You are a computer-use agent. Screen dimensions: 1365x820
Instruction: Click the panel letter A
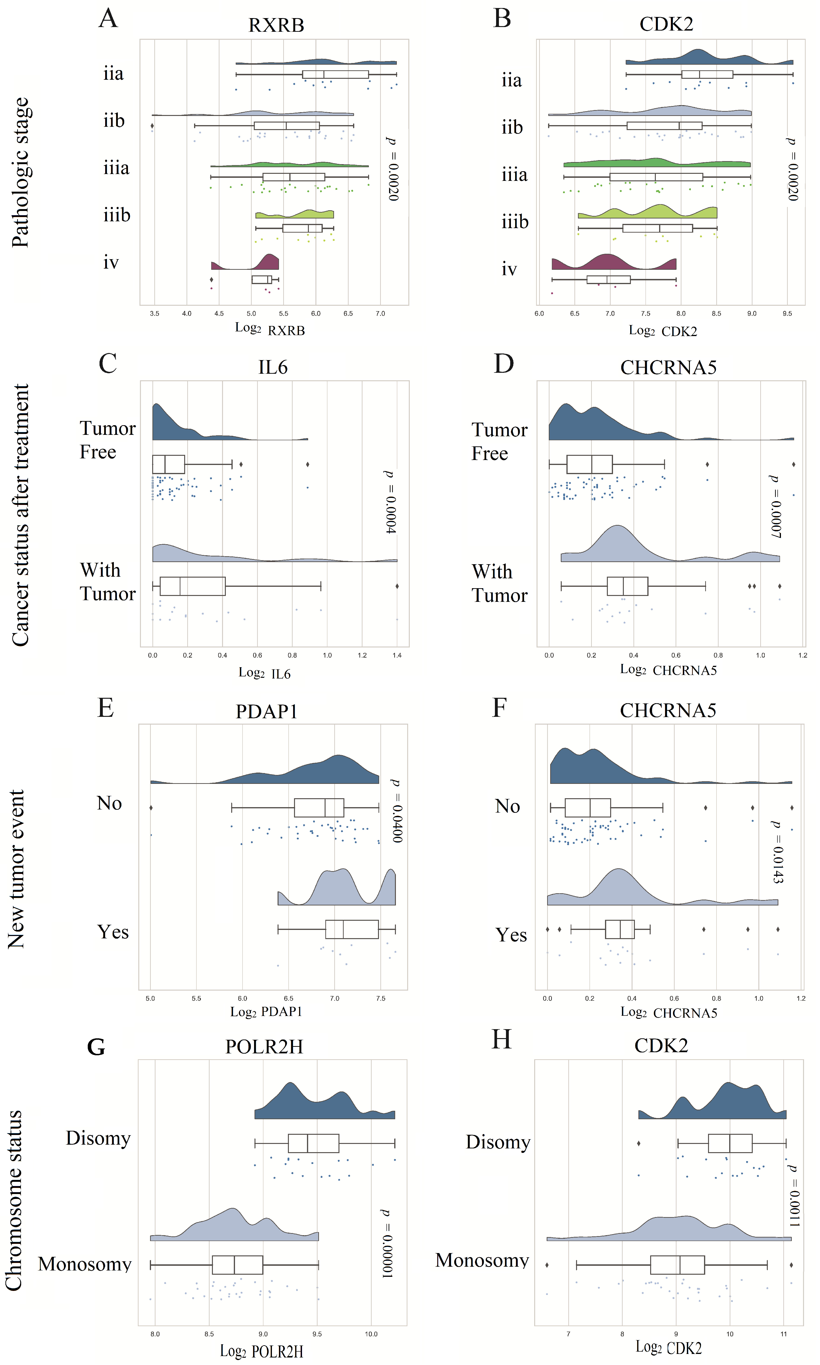click(108, 18)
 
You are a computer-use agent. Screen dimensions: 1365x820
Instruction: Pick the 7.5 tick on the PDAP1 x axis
click(381, 998)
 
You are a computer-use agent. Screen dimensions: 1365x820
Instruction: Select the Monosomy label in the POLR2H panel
click(84, 1264)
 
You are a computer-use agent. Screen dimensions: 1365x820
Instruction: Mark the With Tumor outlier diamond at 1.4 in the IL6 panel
click(397, 586)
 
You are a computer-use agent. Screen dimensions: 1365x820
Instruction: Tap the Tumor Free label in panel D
click(499, 441)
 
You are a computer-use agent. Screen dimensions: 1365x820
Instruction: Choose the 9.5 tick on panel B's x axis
click(787, 313)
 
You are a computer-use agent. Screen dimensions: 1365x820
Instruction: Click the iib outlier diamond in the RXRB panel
click(152, 126)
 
